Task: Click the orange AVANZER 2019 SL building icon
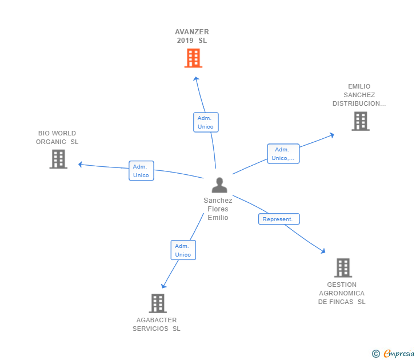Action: (x=193, y=58)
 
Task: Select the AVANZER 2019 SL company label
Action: (x=192, y=37)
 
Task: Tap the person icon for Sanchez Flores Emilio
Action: (x=219, y=185)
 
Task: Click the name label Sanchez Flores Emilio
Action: (x=218, y=209)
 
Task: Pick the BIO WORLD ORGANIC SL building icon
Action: (x=58, y=159)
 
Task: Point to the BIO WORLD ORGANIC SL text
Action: (x=57, y=138)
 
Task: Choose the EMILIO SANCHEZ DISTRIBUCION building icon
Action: (x=360, y=121)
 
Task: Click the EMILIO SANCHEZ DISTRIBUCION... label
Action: (x=359, y=95)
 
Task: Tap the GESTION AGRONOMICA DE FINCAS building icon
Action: (x=342, y=267)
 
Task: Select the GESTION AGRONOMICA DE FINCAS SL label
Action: (x=342, y=293)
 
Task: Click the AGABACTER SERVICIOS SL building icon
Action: (x=158, y=303)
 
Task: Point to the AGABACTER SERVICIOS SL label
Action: (x=157, y=325)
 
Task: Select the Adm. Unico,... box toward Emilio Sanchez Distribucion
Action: (x=283, y=154)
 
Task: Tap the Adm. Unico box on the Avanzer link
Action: (x=206, y=122)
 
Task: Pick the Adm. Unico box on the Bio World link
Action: (x=141, y=171)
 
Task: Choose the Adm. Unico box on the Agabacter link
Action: (x=183, y=250)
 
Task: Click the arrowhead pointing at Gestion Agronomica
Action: (x=323, y=251)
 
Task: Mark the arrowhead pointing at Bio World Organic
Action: (x=80, y=165)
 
